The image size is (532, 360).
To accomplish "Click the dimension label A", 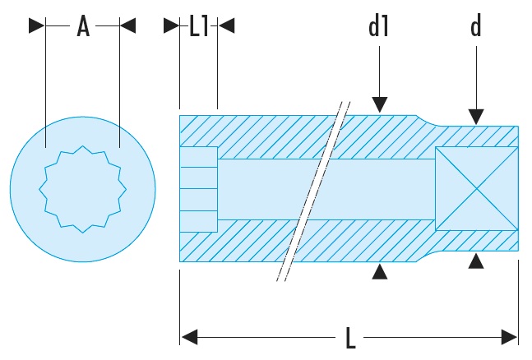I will tap(82, 27).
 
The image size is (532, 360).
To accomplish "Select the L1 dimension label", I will tap(198, 27).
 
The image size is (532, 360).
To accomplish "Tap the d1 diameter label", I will tap(378, 27).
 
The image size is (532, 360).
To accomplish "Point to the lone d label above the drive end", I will tap(475, 27).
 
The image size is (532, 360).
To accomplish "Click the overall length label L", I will tap(350, 338).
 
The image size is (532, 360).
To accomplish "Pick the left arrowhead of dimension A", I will tap(37, 27).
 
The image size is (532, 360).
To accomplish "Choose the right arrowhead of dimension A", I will tap(127, 27).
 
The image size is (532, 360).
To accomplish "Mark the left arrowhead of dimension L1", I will tap(171, 27).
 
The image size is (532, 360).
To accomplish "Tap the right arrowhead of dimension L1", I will tap(226, 27).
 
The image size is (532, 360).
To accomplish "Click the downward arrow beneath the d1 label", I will tap(378, 104).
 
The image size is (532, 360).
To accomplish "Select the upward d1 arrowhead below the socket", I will tap(378, 272).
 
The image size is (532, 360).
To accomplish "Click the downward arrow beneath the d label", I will tap(475, 117).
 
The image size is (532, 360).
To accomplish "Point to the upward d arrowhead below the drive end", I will tap(475, 262).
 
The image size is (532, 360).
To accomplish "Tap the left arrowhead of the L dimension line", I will tap(189, 337).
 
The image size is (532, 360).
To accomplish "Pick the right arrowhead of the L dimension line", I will tap(510, 337).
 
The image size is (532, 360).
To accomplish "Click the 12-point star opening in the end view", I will tap(83, 188).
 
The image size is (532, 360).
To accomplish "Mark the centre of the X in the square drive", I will tap(476, 188).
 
